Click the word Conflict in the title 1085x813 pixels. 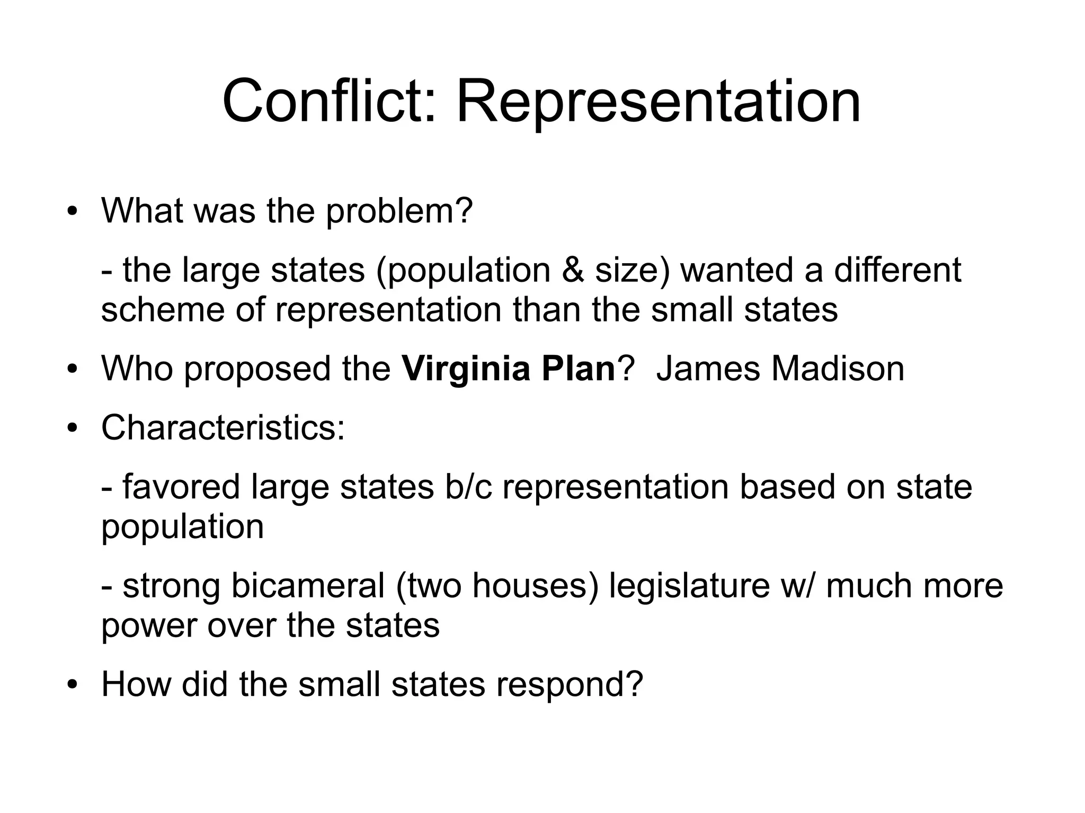pos(328,101)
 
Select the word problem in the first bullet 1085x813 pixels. pos(398,211)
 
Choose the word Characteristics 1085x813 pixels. pos(223,427)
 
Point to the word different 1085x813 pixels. pos(897,270)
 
